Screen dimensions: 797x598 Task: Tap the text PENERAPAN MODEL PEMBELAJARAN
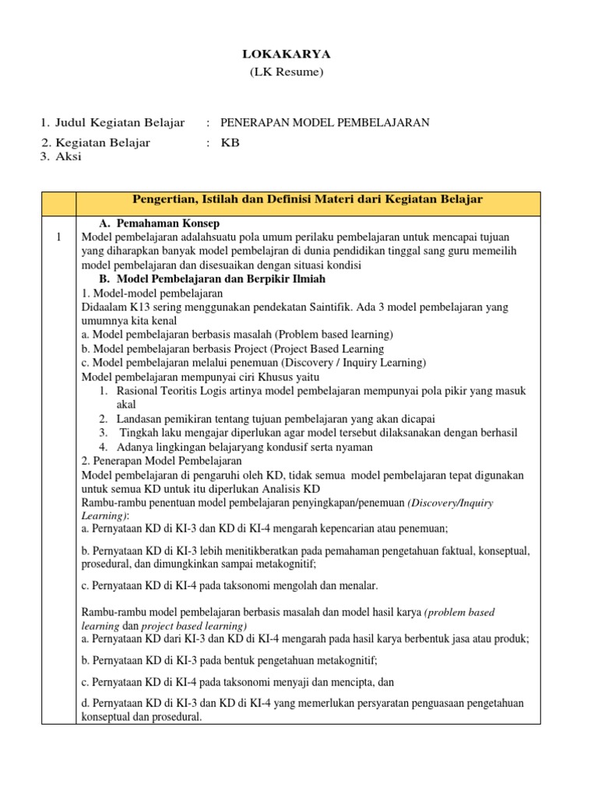325,122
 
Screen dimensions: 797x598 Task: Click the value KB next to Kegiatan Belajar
230,142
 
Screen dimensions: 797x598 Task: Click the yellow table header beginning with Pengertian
307,200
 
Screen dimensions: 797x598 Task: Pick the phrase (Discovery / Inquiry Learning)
340,363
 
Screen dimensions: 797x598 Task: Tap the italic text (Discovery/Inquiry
450,503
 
